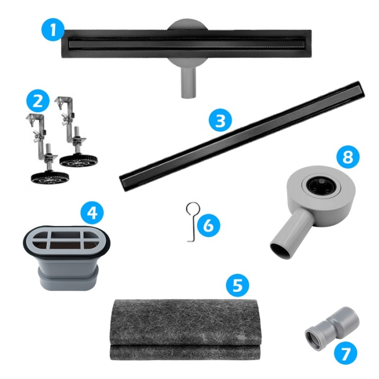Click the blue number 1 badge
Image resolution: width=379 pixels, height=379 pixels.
pos(53,30)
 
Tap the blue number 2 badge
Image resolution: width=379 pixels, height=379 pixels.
pos(38,101)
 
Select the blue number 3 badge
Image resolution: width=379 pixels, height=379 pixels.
pos(220,120)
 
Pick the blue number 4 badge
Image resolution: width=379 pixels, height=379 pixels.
pos(92,213)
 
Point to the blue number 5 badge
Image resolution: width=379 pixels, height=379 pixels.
pos(237,284)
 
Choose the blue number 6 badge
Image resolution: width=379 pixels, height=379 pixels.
pos(209,225)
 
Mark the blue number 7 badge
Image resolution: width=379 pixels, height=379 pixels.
pos(346,353)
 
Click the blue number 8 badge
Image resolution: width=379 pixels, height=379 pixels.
pos(348,157)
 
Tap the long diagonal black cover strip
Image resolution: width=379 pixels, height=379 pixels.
pos(242,136)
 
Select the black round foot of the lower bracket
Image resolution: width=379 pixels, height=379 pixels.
pos(50,178)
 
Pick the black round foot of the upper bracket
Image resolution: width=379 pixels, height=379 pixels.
pos(78,160)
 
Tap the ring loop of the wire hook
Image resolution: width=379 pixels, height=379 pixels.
pos(193,209)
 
